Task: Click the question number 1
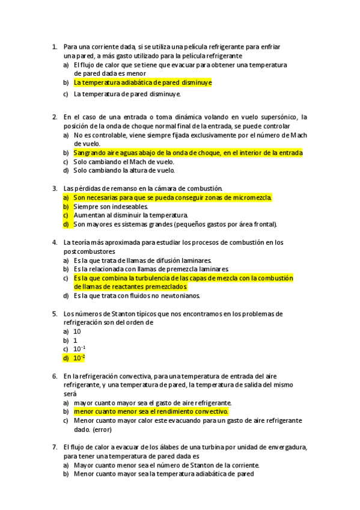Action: [54, 46]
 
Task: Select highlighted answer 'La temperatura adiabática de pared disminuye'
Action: [142, 82]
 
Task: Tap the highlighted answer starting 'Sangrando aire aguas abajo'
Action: [188, 153]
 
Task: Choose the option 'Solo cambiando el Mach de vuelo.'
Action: [124, 162]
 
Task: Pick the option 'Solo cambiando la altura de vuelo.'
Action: [124, 170]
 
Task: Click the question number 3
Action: [54, 188]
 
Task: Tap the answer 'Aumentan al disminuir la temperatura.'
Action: [130, 215]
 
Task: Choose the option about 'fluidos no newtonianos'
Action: [137, 296]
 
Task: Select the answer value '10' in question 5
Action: [77, 331]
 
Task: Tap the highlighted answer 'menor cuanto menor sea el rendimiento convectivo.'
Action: [151, 411]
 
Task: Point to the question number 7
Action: [54, 447]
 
